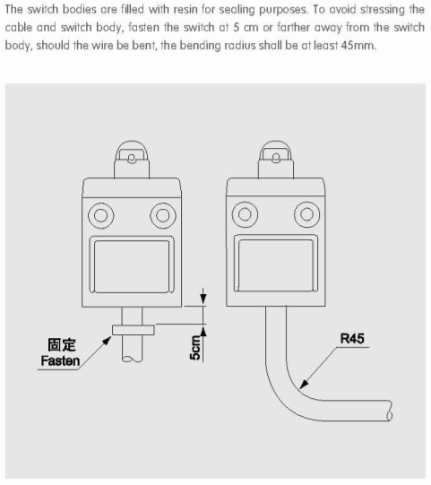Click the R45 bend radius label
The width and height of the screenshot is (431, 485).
pos(352,338)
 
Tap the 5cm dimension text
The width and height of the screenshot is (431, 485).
pos(194,348)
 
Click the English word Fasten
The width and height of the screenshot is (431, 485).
pos(60,360)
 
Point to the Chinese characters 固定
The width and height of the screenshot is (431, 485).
pos(62,344)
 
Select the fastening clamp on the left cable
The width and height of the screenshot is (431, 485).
pos(134,330)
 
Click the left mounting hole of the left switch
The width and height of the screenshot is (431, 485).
pos(100,215)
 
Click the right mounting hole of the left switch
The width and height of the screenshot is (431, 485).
pos(163,215)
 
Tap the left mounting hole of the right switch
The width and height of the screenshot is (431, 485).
pos(245,214)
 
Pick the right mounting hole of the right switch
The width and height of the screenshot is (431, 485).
pos(307,214)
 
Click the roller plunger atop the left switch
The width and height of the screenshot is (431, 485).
pos(132,159)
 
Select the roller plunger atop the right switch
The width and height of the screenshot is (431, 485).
pos(276,159)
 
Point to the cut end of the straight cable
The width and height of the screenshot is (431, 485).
pos(132,359)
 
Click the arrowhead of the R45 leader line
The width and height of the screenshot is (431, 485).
pos(304,385)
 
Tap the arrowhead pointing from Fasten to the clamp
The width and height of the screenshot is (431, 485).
pos(107,341)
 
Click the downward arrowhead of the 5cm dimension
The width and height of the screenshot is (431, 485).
pos(203,299)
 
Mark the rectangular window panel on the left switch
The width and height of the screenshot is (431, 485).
pos(132,264)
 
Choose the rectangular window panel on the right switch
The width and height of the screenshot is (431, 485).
pos(276,264)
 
